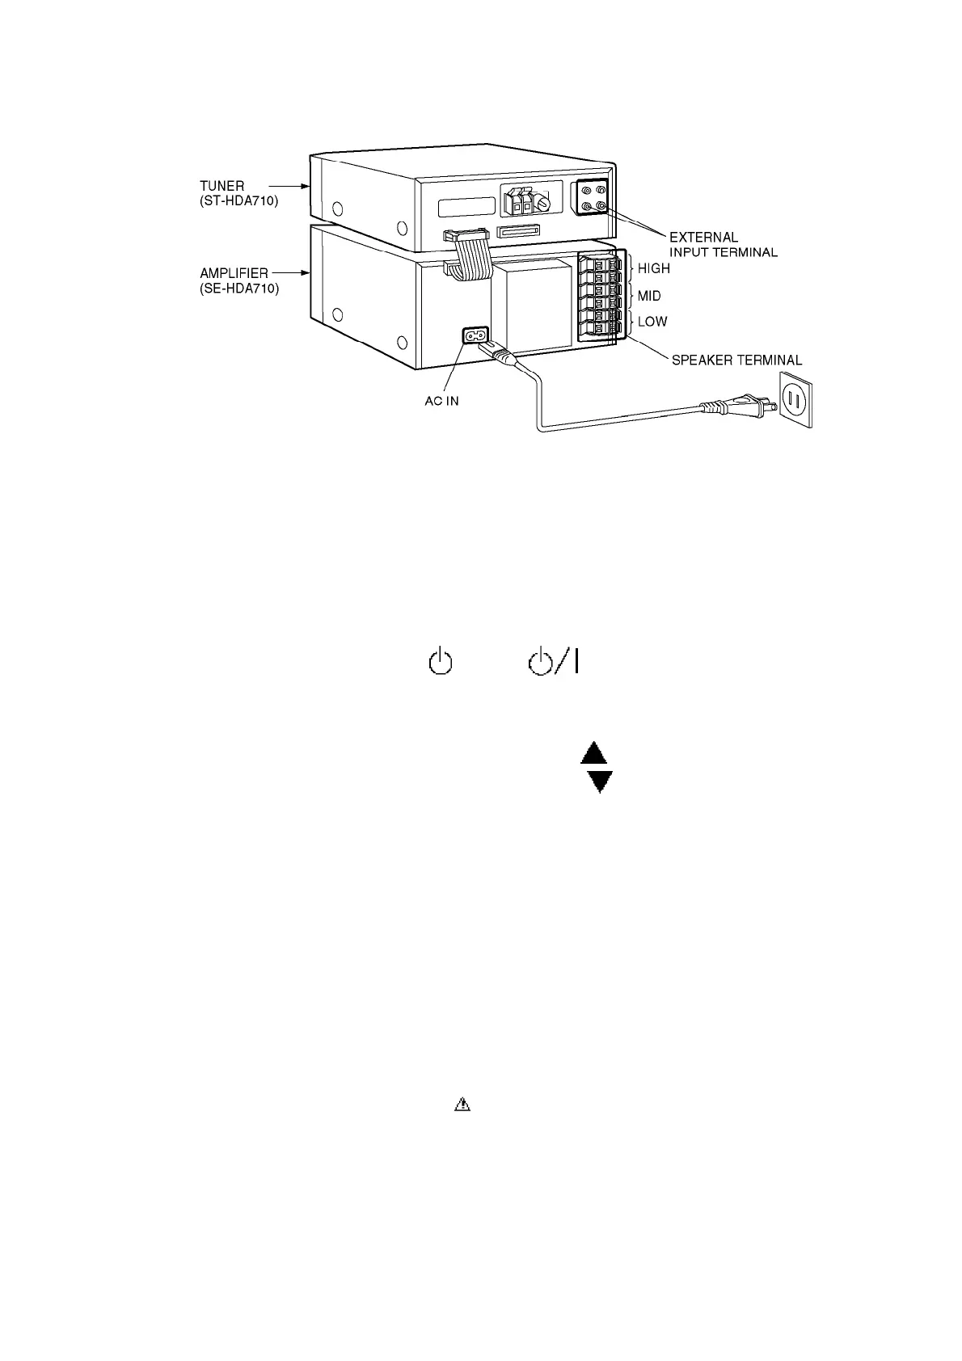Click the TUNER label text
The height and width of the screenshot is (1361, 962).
222,187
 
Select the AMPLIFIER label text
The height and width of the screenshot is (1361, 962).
234,274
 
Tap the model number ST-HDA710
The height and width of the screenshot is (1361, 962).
239,201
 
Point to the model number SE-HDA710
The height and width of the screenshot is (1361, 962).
239,289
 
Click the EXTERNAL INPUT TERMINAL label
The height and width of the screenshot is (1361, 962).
723,245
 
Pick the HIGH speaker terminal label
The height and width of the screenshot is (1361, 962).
654,268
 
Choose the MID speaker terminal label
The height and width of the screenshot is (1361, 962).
649,296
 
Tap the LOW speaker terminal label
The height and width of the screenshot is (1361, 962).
652,322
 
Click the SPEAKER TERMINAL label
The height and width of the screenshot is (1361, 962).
736,360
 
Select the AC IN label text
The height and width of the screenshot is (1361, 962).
441,402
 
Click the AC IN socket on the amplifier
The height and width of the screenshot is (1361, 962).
475,335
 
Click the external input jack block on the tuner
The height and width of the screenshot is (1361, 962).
589,198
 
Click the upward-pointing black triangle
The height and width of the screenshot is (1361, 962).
594,754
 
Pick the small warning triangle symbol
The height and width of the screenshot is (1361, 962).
462,1104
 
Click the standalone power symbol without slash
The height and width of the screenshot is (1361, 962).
439,663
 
